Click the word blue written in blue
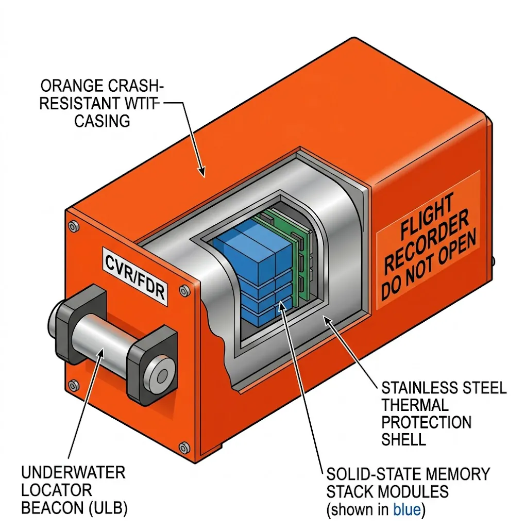(x=407, y=510)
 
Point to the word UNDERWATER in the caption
(x=73, y=472)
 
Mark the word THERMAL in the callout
(x=415, y=405)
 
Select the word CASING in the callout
(x=102, y=121)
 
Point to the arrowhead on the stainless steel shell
(x=326, y=320)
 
